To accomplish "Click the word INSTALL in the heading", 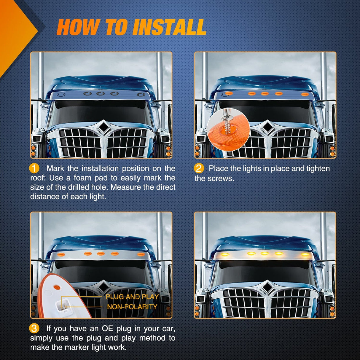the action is (169, 27).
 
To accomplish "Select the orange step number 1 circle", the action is (34, 168).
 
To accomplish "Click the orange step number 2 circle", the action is (199, 168).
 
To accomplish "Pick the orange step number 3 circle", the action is (34, 328).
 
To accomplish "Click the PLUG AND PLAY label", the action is (132, 297).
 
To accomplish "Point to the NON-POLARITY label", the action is (132, 307).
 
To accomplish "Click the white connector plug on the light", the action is (62, 307).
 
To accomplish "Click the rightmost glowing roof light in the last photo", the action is (305, 254).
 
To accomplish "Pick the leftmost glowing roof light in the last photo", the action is (225, 254).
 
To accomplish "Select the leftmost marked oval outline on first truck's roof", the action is (61, 95).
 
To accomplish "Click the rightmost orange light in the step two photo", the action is (305, 94).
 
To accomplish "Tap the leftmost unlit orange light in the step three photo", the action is (61, 254).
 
